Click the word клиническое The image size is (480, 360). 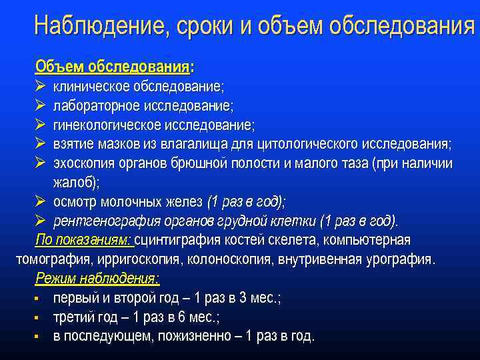92,87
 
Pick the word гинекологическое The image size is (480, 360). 106,125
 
